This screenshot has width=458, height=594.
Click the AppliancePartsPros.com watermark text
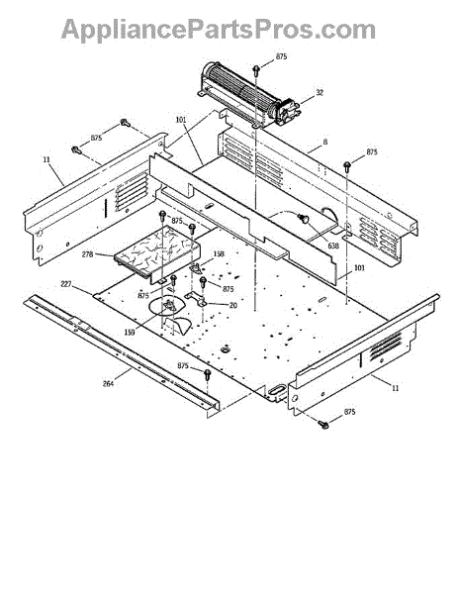[219, 31]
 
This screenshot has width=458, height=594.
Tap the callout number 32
[320, 92]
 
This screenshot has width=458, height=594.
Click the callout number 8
[325, 142]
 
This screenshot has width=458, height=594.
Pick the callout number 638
[333, 246]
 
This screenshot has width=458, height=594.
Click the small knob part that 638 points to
[304, 219]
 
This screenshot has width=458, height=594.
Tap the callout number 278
[87, 254]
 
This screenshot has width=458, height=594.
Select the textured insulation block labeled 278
[156, 251]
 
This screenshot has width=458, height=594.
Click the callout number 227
[66, 283]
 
